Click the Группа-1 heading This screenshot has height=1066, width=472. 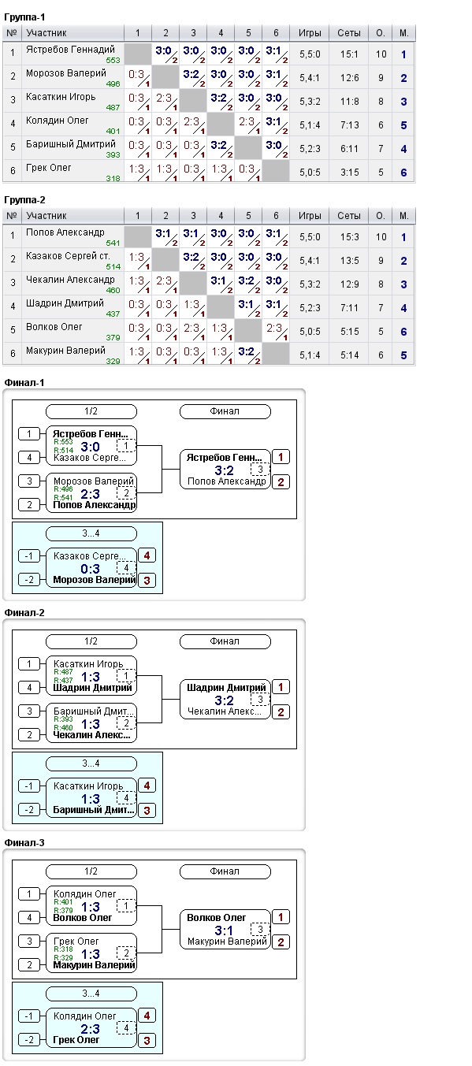(x=24, y=17)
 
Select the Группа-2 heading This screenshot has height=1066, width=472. (x=24, y=200)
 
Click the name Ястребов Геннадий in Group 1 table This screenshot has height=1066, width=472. (x=70, y=50)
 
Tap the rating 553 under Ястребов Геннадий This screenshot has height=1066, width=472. (x=113, y=61)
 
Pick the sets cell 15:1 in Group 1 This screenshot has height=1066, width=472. (x=349, y=54)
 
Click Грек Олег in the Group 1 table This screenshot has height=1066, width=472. (x=49, y=168)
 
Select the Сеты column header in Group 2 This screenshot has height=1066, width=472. (x=349, y=216)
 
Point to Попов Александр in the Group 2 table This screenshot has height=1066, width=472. (x=65, y=232)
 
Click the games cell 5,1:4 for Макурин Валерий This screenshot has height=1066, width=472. (x=310, y=355)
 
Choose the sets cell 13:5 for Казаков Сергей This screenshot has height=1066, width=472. (x=349, y=261)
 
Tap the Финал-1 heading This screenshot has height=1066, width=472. (x=24, y=383)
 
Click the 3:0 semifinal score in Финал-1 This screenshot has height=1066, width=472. (x=90, y=447)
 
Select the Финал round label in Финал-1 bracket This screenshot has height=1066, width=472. (x=225, y=411)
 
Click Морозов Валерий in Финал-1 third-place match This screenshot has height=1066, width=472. (x=95, y=580)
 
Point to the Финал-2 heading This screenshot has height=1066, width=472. (x=24, y=613)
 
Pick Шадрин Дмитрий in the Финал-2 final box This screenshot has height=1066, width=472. (x=226, y=688)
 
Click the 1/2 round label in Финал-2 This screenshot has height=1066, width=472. (x=91, y=641)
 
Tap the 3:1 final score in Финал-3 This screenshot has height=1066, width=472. (x=224, y=930)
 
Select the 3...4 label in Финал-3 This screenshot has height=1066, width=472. (x=91, y=994)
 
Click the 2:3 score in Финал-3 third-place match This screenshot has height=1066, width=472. (x=90, y=1029)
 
